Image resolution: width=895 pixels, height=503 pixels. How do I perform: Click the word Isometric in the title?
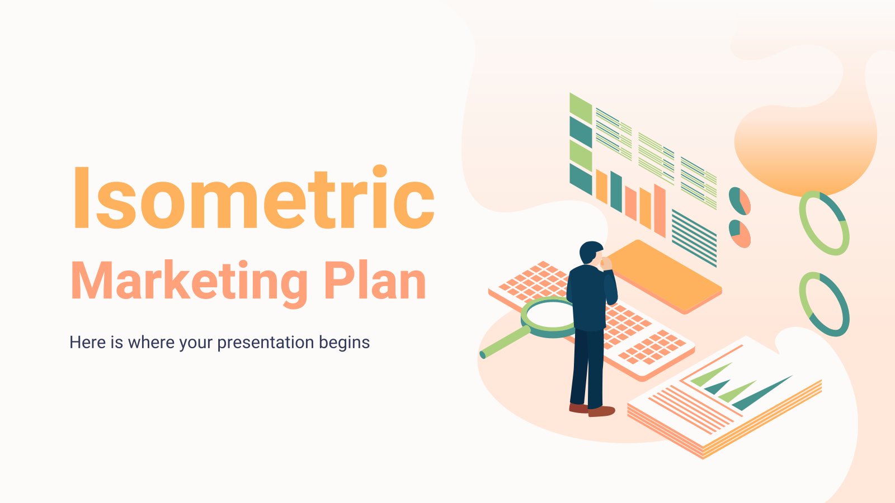(x=253, y=198)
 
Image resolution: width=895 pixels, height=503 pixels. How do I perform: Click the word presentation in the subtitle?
(x=266, y=342)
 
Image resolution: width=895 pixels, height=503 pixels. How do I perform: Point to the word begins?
(x=344, y=342)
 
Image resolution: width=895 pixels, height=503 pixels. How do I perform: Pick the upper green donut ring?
(x=824, y=223)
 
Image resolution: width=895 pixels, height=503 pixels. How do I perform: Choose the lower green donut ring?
(x=824, y=304)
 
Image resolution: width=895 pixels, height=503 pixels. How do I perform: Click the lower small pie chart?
(x=739, y=233)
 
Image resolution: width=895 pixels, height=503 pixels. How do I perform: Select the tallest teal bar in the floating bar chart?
(x=616, y=191)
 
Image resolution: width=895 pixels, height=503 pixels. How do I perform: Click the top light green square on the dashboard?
(x=580, y=108)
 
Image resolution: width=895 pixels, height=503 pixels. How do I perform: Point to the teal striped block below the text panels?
(x=694, y=238)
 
